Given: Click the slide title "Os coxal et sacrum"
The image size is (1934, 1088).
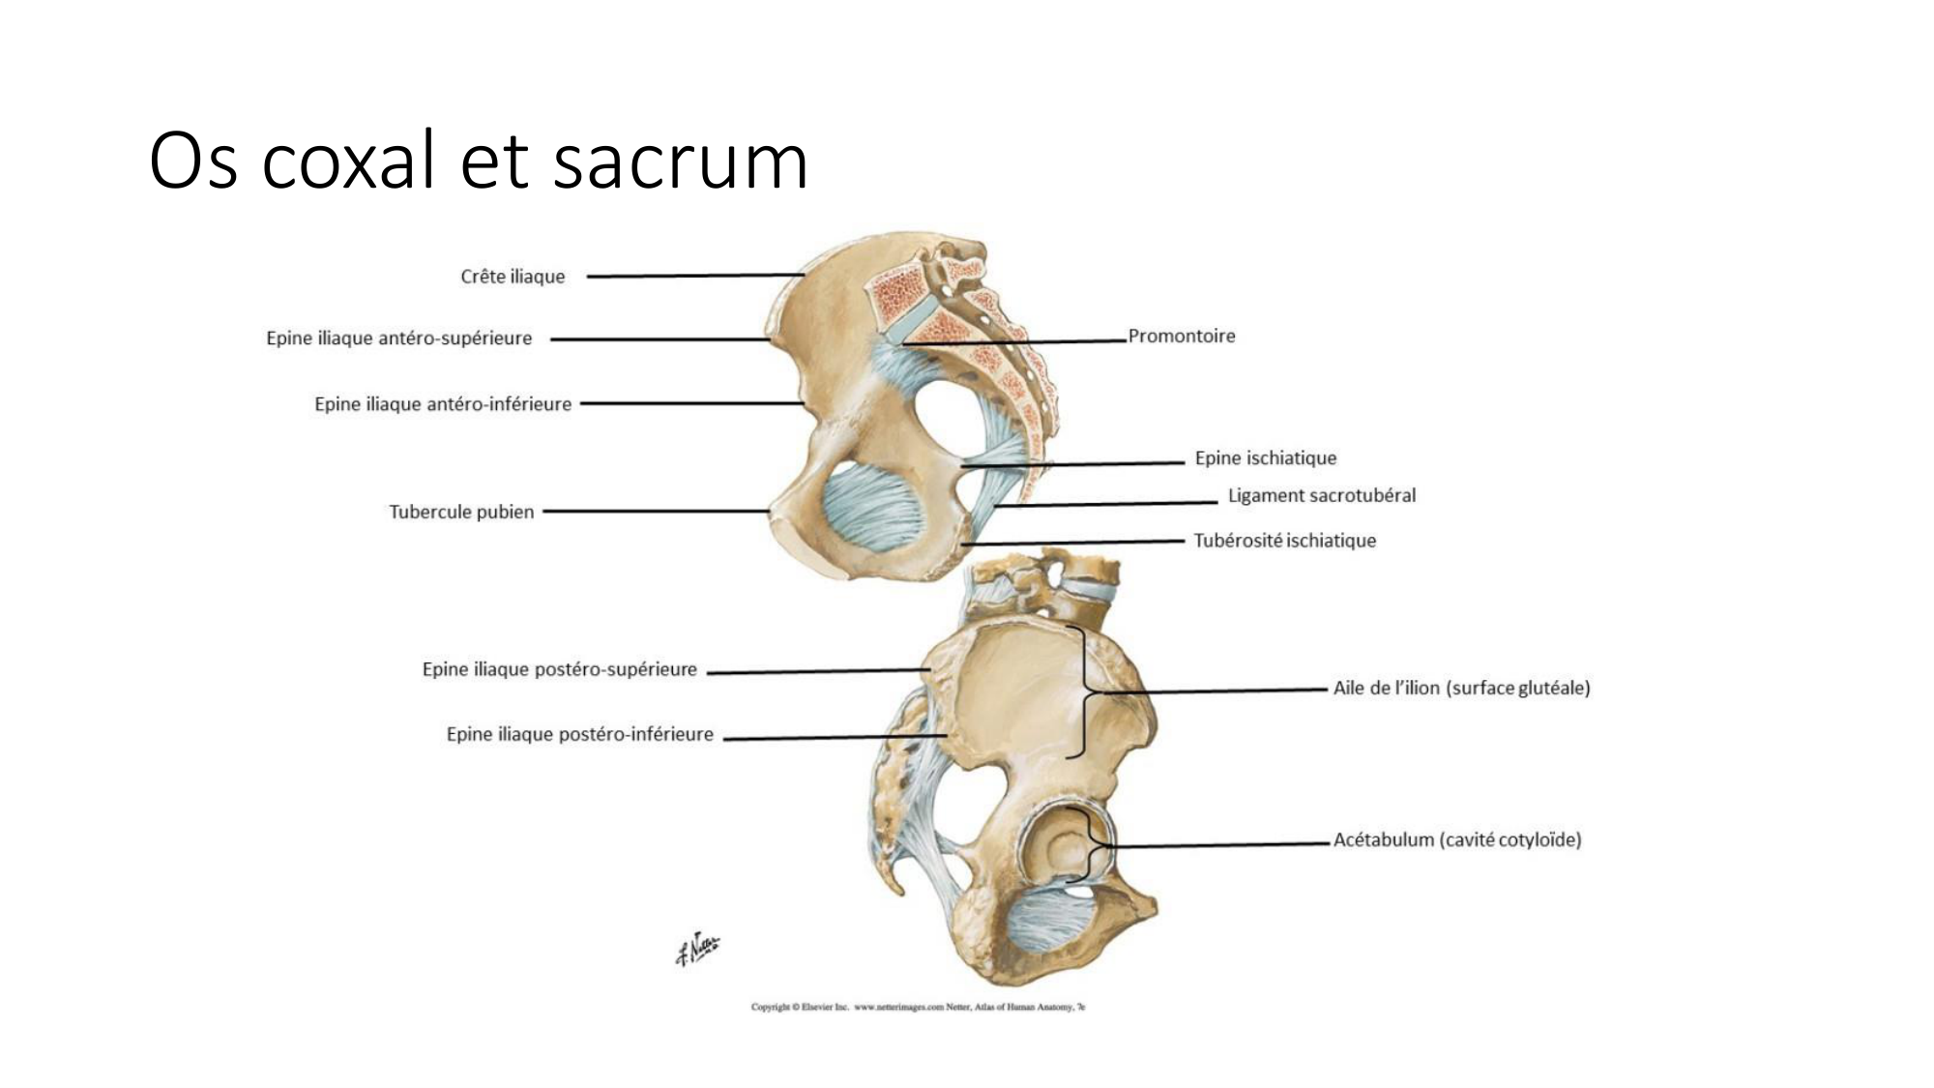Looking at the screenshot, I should [x=478, y=161].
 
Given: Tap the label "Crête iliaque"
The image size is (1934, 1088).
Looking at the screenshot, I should [x=513, y=277].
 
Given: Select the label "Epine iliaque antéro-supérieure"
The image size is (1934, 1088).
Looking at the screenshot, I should [x=398, y=338].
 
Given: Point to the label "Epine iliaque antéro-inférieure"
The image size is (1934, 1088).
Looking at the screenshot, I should [x=443, y=404].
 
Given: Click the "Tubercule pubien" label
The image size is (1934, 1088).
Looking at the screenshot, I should [x=461, y=512].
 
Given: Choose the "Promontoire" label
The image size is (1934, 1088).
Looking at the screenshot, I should [x=1181, y=337].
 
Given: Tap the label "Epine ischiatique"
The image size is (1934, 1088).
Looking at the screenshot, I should [x=1265, y=458].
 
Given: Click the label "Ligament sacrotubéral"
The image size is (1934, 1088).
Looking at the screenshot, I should [x=1321, y=495].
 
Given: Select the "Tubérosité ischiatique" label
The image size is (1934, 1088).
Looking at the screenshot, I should [x=1284, y=541].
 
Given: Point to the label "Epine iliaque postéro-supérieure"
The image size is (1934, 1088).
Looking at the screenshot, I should [x=559, y=669].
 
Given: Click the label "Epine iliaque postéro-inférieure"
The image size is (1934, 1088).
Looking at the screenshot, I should [x=579, y=735].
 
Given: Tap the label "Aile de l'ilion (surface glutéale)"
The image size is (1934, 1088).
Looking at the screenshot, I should [x=1461, y=689].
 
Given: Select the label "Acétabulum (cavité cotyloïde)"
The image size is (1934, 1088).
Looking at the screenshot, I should [x=1456, y=839].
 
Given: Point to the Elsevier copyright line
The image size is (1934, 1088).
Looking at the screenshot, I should [x=918, y=1007].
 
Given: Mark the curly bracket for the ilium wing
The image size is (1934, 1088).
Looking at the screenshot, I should [x=1085, y=692].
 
